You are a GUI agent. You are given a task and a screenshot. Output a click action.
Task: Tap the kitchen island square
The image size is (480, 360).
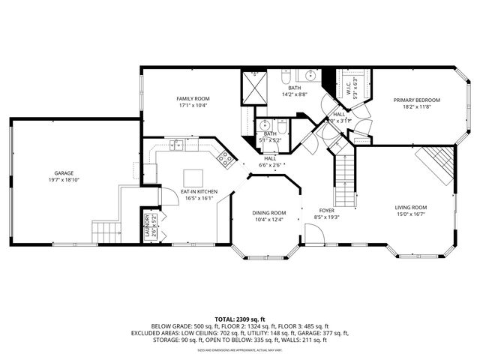tap(193, 178)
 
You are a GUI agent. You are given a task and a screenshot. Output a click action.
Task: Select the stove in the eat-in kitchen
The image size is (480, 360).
tap(223, 157)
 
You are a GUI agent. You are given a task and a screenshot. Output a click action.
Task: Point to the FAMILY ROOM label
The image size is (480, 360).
tap(193, 99)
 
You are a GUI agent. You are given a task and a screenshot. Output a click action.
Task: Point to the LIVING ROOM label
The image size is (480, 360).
tap(411, 207)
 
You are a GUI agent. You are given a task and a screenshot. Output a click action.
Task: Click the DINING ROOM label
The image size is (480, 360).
tap(268, 212)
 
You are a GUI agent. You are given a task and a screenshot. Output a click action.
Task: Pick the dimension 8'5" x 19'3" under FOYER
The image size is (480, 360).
tap(327, 217)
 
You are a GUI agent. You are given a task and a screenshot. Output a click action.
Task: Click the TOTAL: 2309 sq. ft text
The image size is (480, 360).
tap(239, 319)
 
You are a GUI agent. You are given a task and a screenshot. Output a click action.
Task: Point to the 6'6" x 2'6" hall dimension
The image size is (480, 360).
tap(269, 165)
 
